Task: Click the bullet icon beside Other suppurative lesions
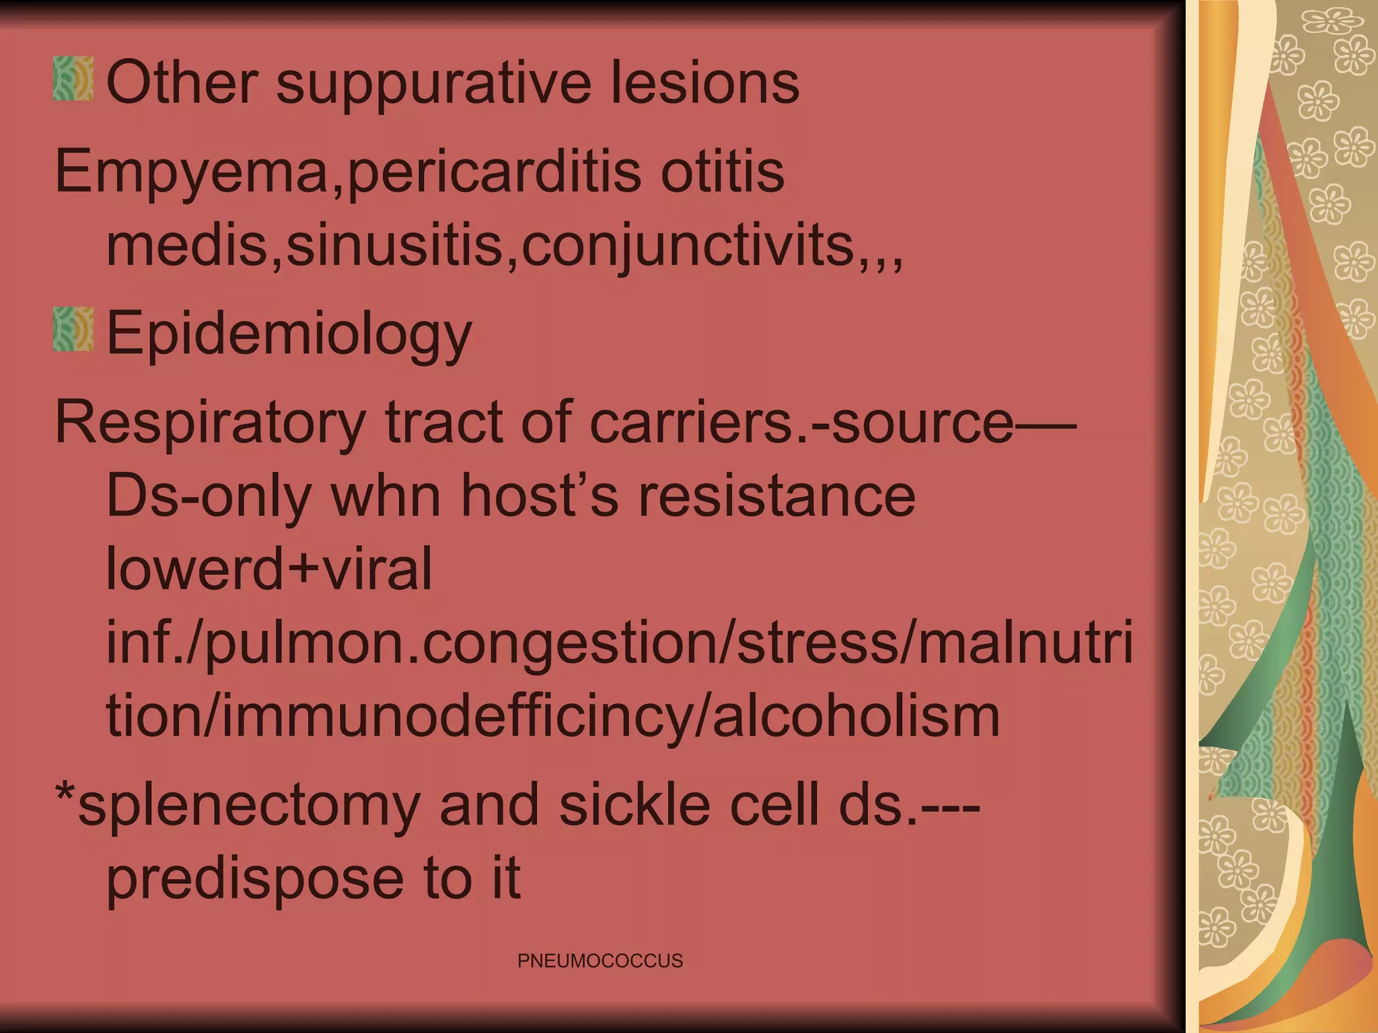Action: coord(73,79)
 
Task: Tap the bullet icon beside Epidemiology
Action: coord(73,329)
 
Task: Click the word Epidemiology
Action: coord(289,333)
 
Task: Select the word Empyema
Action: coord(192,171)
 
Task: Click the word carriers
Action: coord(694,422)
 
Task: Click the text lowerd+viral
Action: coord(269,569)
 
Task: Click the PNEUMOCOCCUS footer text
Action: coord(600,960)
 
